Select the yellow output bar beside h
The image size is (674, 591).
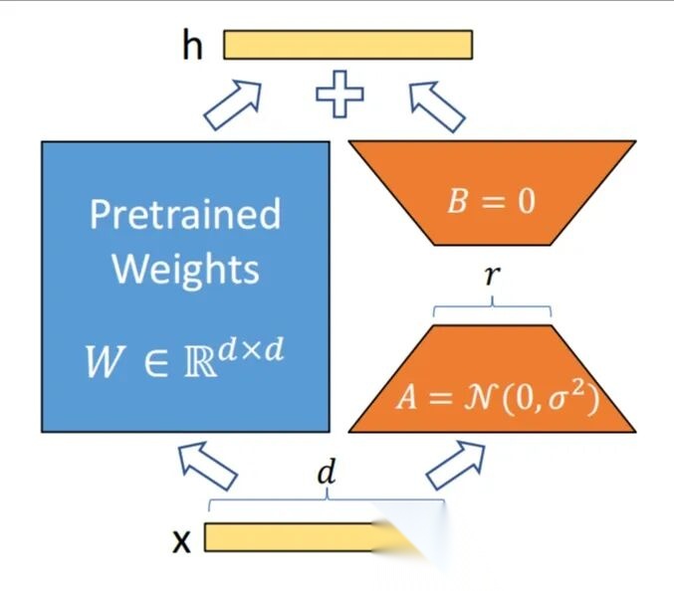point(347,46)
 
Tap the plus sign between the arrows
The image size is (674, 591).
point(339,95)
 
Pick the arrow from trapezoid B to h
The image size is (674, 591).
point(437,104)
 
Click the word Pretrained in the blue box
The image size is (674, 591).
point(185,214)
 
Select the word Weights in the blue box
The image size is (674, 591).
point(185,269)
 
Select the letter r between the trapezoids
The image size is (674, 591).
point(491,276)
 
